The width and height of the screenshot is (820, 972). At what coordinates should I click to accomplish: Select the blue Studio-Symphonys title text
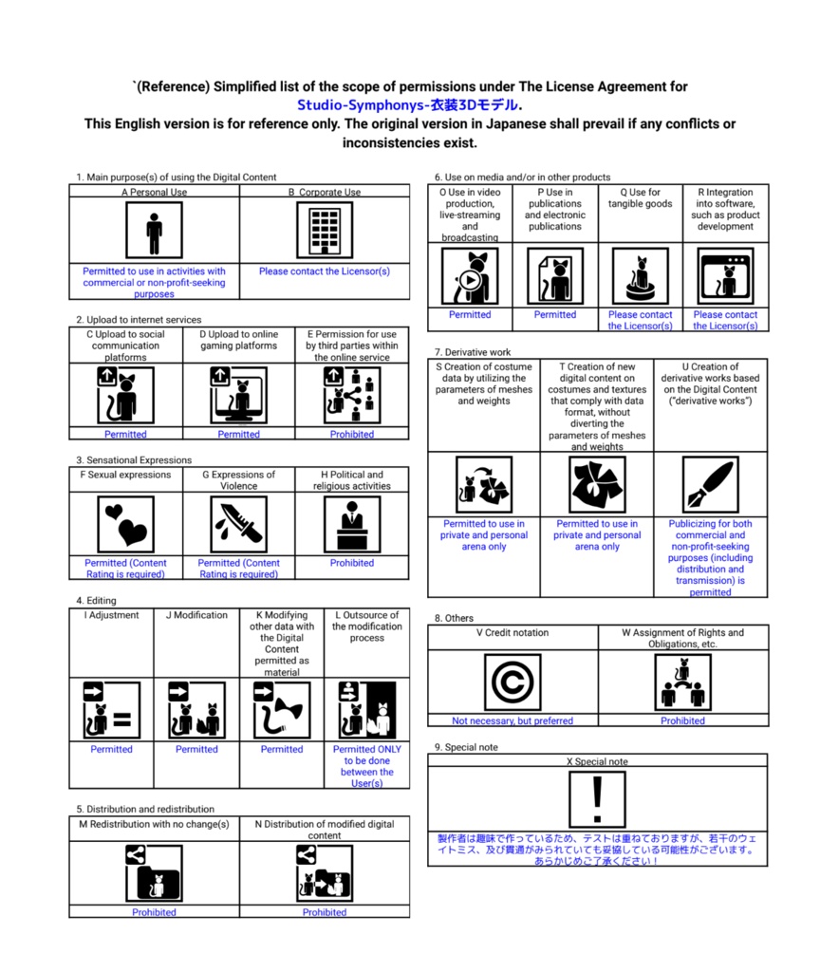point(408,105)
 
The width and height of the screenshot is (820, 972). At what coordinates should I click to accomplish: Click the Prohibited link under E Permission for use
point(352,435)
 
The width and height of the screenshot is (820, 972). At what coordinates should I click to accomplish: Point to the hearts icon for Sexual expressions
point(126,525)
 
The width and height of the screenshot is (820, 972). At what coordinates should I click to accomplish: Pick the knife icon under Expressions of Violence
point(238,525)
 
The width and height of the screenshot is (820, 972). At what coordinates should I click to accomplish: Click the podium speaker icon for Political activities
point(352,525)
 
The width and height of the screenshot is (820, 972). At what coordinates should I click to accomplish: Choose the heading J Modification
point(196,615)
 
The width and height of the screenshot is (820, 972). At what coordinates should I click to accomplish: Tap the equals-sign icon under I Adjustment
point(112,710)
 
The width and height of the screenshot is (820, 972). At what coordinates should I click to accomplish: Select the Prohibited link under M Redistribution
point(154,912)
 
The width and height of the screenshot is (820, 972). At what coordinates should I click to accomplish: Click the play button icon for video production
point(470,276)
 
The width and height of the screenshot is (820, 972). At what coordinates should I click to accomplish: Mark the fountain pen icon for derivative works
point(710,486)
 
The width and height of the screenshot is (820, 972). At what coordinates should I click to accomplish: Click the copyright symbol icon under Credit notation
point(512,682)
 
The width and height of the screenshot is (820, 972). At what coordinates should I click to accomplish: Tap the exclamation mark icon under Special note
point(597,799)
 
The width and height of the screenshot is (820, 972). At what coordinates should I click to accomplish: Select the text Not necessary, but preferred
point(512,721)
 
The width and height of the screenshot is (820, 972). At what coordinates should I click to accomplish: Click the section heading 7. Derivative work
point(473,352)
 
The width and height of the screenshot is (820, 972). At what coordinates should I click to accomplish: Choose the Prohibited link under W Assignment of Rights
point(683,721)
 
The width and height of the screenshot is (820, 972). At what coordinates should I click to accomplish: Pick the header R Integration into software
point(726,209)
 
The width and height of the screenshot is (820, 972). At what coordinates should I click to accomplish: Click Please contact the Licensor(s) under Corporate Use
point(325,271)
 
